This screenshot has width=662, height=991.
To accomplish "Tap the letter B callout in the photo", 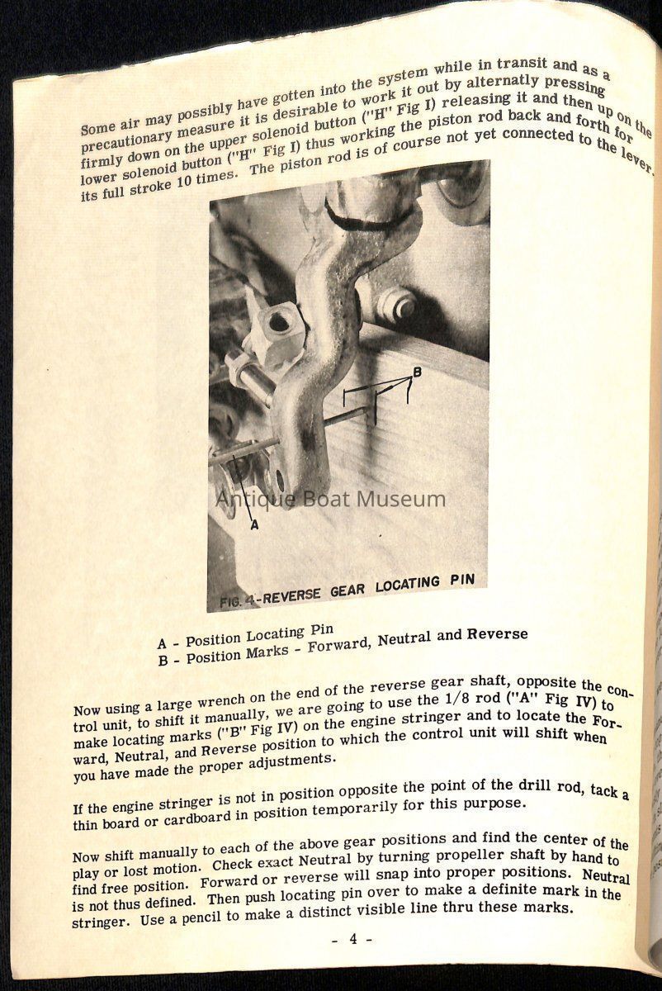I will (418, 372).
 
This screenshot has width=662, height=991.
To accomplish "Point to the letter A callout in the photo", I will (253, 523).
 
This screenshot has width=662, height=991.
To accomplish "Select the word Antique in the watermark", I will (247, 499).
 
